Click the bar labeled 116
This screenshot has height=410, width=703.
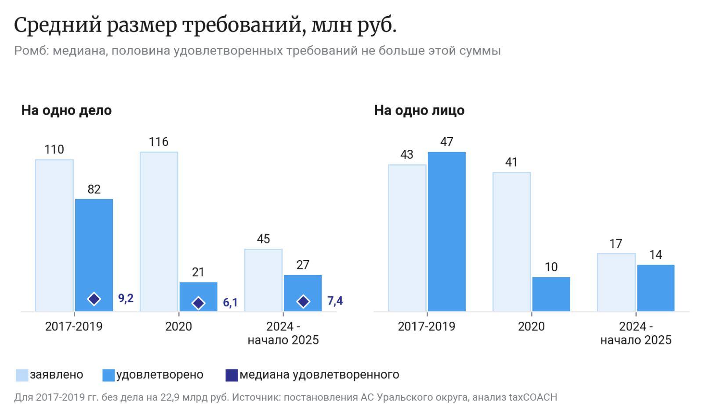159,232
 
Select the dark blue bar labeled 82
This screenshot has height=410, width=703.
94,255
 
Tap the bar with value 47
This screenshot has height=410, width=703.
446,232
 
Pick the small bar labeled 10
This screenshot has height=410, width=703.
551,294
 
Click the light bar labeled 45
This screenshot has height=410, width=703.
263,280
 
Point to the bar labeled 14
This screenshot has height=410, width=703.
656,288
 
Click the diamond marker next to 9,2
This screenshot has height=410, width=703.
94,298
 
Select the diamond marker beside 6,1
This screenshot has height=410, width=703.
198,303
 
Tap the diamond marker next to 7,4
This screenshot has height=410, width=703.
303,301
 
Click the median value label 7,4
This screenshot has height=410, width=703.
335,301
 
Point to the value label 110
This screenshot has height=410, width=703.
54,149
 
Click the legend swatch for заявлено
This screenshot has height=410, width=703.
22,375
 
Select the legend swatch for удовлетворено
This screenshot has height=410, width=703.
109,375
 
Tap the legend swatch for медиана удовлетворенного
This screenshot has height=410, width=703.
232,375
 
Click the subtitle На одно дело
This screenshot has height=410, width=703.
66,110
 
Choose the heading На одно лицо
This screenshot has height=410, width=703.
419,110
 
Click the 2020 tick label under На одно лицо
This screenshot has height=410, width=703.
531,327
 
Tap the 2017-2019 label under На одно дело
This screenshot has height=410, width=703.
74,327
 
